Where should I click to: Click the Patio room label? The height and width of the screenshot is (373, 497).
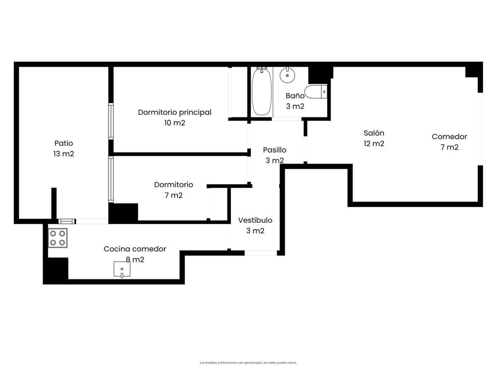point(64,143)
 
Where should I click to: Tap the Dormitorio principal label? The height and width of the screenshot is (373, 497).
point(175,112)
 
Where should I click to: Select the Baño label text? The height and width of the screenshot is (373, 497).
point(295,96)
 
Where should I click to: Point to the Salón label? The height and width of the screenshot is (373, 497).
point(374,133)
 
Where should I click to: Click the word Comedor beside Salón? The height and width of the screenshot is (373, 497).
point(449,137)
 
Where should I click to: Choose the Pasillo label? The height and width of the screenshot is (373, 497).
point(275,150)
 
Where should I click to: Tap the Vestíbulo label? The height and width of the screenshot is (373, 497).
point(255,220)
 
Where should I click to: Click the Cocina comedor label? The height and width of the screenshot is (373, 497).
point(135,249)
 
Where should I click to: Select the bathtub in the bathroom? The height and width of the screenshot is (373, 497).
point(262,91)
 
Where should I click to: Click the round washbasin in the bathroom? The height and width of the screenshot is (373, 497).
point(287,75)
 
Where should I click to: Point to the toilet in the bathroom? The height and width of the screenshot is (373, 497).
point(316,92)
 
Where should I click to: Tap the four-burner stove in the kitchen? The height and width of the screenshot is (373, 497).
point(58,238)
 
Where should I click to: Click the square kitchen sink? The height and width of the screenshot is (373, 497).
point(122,269)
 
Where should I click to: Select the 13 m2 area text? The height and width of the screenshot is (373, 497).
point(64,154)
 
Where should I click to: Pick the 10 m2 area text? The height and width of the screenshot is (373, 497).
point(175,123)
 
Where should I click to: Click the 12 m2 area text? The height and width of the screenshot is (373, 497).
point(374,143)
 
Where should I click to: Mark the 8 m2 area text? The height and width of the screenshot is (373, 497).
point(135,259)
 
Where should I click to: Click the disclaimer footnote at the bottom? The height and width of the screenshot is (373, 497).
point(248,363)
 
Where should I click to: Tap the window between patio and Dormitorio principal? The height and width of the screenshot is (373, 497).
point(111,121)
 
